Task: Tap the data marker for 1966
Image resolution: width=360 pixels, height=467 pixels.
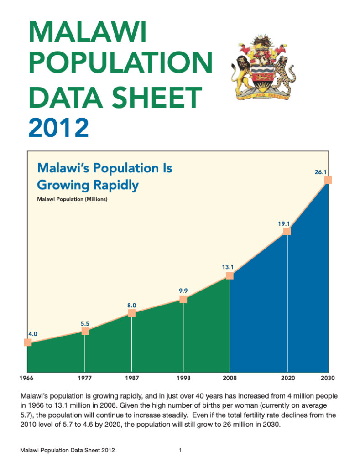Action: [x=28, y=342]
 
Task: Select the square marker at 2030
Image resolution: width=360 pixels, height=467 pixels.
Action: [x=328, y=180]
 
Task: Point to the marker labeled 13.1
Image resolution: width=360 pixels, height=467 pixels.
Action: [x=230, y=275]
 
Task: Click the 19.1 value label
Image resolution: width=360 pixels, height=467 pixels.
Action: [x=284, y=224]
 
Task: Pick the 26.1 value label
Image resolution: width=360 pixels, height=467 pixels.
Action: [x=321, y=172]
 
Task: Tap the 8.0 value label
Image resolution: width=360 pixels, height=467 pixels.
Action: [x=132, y=305]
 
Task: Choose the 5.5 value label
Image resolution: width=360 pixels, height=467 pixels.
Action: [x=85, y=324]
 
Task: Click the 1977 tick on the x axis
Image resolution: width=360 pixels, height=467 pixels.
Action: [x=85, y=378]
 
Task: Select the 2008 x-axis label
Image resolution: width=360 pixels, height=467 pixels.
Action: [x=230, y=378]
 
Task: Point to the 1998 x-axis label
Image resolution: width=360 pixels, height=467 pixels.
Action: [x=183, y=378]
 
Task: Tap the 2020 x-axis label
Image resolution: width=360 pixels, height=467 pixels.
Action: [x=287, y=378]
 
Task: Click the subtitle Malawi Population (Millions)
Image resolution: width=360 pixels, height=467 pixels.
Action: [x=72, y=199]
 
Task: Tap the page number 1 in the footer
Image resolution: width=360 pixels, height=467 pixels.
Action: [x=181, y=451]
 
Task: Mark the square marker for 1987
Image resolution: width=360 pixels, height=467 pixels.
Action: [x=131, y=313]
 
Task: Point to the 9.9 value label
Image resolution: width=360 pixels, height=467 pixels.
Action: [x=183, y=291]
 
